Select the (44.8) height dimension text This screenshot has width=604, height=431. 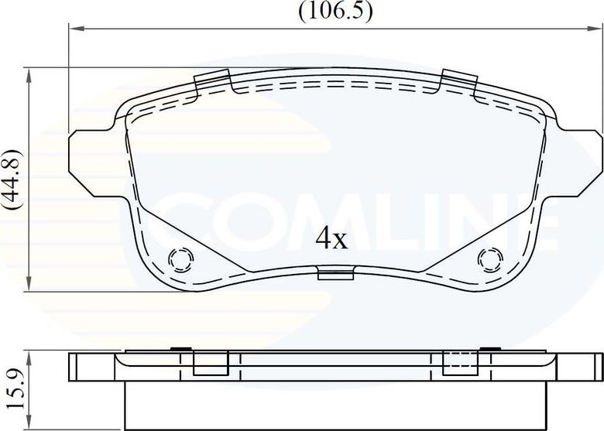coord(12,180)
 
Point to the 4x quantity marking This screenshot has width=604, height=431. coord(331,239)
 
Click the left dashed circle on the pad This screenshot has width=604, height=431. coord(180,258)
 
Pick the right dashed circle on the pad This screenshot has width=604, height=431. coord(489,258)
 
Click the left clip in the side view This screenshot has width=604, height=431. coord(210,362)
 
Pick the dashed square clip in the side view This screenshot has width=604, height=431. coord(459,361)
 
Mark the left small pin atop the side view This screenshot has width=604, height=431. coord(180,350)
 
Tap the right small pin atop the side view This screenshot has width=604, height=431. coord(489,350)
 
